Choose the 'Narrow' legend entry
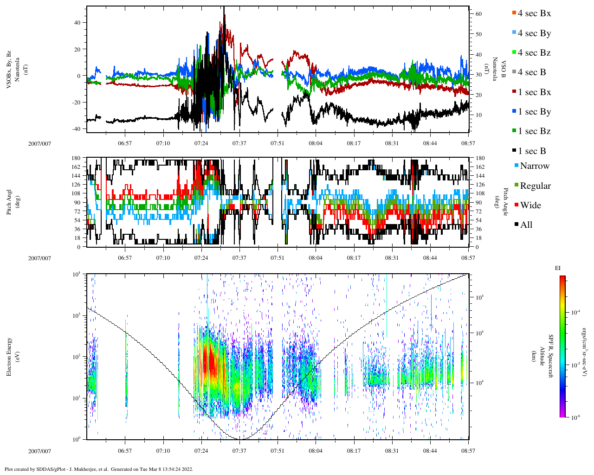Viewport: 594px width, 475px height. pyautogui.click(x=534, y=166)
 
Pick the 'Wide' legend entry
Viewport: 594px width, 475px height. pyautogui.click(x=530, y=205)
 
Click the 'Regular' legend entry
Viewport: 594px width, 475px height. pyautogui.click(x=535, y=186)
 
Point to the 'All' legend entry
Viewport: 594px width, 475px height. pyautogui.click(x=526, y=225)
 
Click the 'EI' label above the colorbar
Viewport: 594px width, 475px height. pyautogui.click(x=558, y=268)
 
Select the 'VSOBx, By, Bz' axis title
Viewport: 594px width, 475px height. pyautogui.click(x=10, y=70)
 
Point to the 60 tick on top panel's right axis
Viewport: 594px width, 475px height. pyautogui.click(x=478, y=14)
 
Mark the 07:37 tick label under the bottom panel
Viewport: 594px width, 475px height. pyautogui.click(x=239, y=451)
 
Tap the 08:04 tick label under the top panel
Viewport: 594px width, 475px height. pyautogui.click(x=316, y=143)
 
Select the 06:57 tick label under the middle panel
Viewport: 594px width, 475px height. pyautogui.click(x=124, y=258)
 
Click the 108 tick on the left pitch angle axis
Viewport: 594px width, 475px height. pyautogui.click(x=76, y=193)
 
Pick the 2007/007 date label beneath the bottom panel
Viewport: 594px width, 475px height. pyautogui.click(x=39, y=451)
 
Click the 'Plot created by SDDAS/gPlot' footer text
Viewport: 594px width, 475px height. pyautogui.click(x=98, y=469)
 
